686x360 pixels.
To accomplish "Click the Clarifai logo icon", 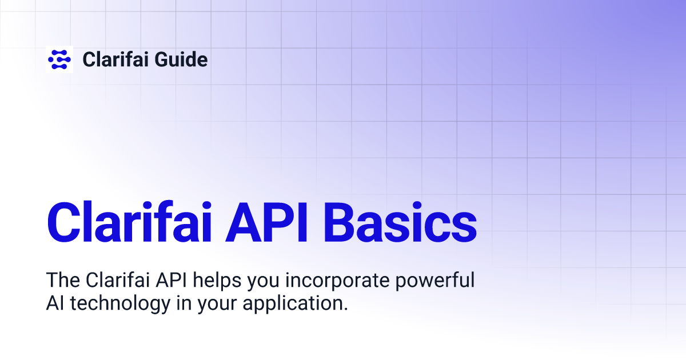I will (59, 59).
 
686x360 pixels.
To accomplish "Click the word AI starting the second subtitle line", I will (55, 303).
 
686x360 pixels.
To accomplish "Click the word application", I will (293, 304).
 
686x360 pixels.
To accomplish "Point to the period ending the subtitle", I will (345, 309).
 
